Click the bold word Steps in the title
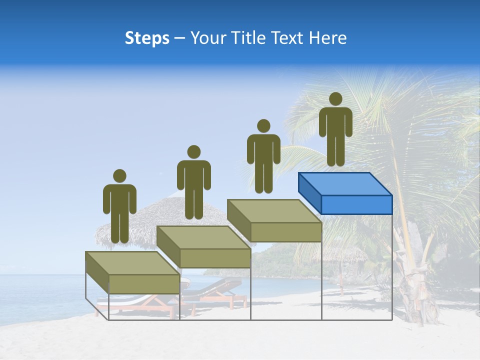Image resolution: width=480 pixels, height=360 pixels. pyautogui.click(x=147, y=38)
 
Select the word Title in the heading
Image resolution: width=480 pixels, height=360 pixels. pyautogui.click(x=248, y=38)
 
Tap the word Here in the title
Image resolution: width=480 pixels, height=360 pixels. pyautogui.click(x=327, y=38)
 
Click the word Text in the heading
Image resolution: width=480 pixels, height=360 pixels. pyautogui.click(x=287, y=38)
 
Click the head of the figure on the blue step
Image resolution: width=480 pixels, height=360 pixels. pyautogui.click(x=335, y=99)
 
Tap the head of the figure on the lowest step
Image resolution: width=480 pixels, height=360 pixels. pyautogui.click(x=119, y=176)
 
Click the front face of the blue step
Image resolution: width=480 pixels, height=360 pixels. pyautogui.click(x=356, y=204)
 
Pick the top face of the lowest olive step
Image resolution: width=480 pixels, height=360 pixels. pyautogui.click(x=132, y=263)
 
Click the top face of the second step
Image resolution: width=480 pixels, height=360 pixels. pyautogui.click(x=203, y=237)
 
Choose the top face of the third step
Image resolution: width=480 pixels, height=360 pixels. pyautogui.click(x=274, y=211)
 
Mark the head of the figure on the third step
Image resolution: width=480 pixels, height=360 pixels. pyautogui.click(x=263, y=126)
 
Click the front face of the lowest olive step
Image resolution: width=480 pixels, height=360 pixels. pyautogui.click(x=144, y=284)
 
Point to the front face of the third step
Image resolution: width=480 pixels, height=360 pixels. pyautogui.click(x=285, y=232)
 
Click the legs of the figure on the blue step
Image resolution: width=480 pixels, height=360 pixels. pyautogui.click(x=335, y=150)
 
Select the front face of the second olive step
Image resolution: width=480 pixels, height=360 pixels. pyautogui.click(x=215, y=258)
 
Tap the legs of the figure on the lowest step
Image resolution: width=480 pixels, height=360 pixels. pyautogui.click(x=119, y=227)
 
